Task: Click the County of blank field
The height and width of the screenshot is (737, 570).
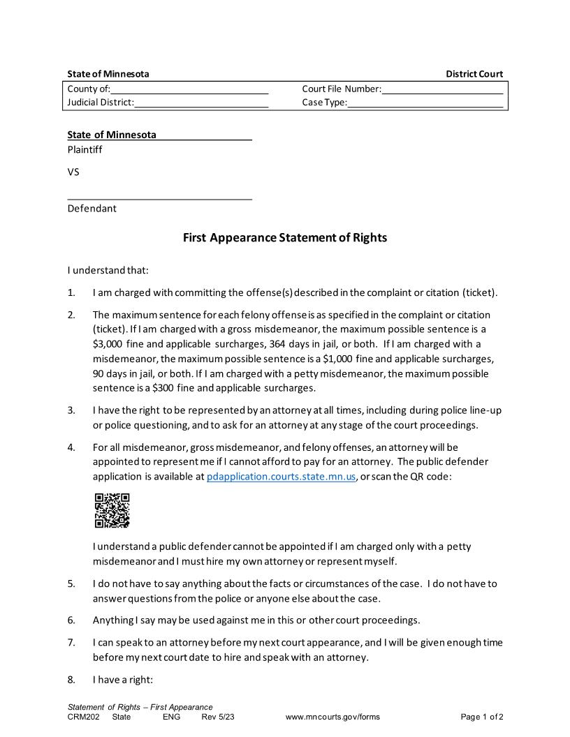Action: [189, 89]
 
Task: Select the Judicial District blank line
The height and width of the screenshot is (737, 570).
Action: [201, 103]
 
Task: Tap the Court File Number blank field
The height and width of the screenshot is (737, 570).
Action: [442, 89]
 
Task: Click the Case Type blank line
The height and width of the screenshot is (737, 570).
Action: [425, 103]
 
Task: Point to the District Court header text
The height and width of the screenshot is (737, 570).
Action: [474, 74]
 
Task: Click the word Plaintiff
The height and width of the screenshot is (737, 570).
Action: [85, 149]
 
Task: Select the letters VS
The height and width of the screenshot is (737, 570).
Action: [73, 172]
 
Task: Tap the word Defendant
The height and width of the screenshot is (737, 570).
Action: [92, 208]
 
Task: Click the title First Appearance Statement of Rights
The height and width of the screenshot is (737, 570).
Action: [284, 237]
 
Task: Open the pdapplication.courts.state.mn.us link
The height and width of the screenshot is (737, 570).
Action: [282, 477]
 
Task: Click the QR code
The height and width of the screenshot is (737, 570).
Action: [112, 510]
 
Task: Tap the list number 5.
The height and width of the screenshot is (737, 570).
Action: [71, 583]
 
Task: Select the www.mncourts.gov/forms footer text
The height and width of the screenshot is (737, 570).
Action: [332, 717]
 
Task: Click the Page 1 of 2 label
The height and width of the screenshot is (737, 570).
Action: [482, 717]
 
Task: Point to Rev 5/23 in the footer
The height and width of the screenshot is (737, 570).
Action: [217, 717]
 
